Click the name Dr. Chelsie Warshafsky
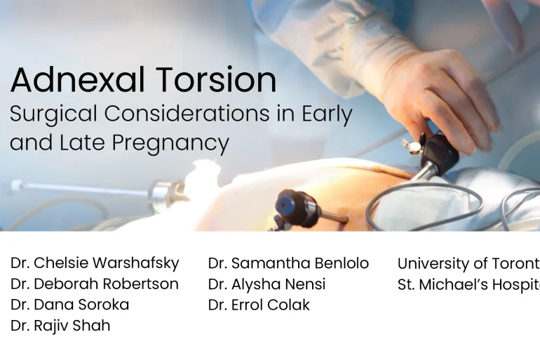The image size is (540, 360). pyautogui.click(x=95, y=263)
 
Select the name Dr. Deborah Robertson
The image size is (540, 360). pyautogui.click(x=95, y=284)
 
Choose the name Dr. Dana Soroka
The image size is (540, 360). pyautogui.click(x=70, y=305)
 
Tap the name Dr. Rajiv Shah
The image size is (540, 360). pyautogui.click(x=60, y=326)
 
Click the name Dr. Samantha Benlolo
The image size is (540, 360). pyautogui.click(x=288, y=263)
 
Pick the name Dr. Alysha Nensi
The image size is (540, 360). pyautogui.click(x=266, y=284)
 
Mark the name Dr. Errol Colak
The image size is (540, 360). pyautogui.click(x=259, y=305)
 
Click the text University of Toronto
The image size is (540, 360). pyautogui.click(x=468, y=263)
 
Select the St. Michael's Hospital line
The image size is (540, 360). pyautogui.click(x=468, y=284)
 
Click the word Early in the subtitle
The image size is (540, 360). pyautogui.click(x=327, y=114)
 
